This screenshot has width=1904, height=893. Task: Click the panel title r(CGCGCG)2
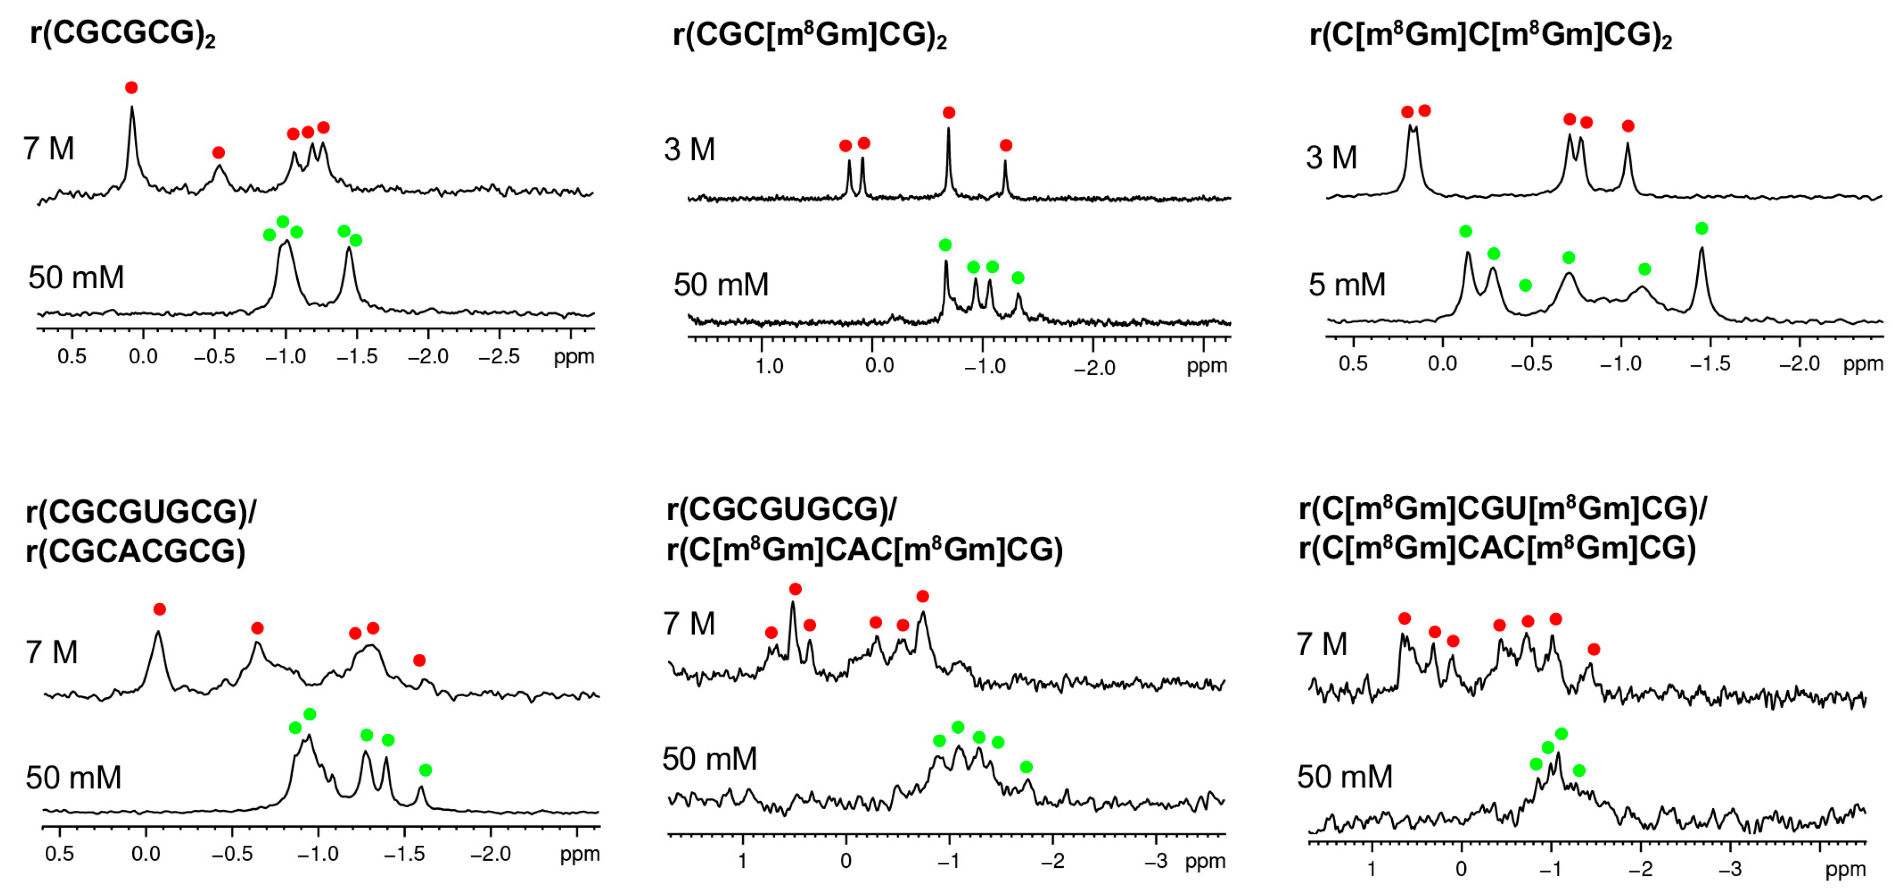[122, 34]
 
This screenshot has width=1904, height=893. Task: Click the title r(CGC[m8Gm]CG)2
[810, 35]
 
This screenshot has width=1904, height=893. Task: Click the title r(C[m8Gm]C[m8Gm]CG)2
[1489, 35]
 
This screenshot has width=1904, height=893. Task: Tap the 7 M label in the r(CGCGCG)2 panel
[49, 148]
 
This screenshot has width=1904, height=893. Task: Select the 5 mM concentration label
[1346, 284]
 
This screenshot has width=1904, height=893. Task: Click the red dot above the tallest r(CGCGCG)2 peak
[132, 88]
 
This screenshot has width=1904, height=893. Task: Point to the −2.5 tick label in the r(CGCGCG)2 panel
[499, 357]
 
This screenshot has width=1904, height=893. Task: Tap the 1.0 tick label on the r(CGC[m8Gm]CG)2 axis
[769, 366]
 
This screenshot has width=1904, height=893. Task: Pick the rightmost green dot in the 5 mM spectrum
[1701, 228]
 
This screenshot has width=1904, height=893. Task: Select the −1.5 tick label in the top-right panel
[1710, 363]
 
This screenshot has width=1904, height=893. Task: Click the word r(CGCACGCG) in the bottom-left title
[135, 550]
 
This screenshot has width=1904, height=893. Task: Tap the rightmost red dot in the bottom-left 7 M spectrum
[419, 660]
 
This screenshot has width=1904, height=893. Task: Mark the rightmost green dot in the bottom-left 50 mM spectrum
[425, 770]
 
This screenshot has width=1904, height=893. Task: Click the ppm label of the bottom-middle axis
[1205, 861]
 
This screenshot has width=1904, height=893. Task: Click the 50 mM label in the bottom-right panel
[1344, 777]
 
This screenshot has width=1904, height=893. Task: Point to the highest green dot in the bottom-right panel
[1561, 733]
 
